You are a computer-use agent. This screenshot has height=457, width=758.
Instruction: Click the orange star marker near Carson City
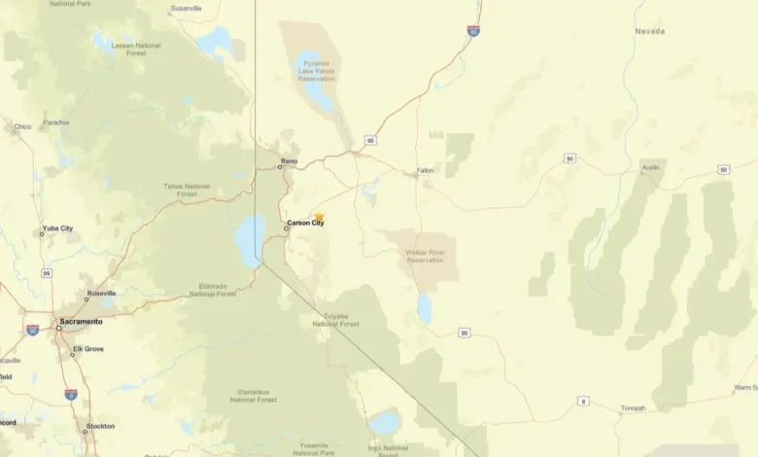[319, 218]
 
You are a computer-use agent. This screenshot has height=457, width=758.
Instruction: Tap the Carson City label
[305, 224]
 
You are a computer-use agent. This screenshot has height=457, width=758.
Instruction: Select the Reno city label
[289, 160]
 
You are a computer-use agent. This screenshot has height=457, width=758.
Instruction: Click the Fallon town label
[426, 170]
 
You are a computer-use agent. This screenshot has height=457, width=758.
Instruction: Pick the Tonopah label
[633, 408]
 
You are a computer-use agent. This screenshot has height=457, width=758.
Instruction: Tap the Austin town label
[650, 167]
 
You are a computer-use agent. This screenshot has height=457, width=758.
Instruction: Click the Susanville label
[186, 8]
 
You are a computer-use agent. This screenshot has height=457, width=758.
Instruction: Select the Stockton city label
[100, 426]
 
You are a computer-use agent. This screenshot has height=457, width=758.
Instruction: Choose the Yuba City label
[57, 228]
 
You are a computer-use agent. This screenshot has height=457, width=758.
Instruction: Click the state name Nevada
[650, 31]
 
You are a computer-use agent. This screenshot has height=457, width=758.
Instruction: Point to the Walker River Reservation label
[425, 256]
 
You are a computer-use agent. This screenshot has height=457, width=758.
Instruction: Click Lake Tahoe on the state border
[251, 238]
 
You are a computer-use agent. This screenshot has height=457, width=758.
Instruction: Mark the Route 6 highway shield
[583, 401]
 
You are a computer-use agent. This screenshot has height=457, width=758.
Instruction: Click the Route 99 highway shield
[46, 273]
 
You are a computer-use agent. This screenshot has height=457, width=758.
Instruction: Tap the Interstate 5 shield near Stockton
[71, 394]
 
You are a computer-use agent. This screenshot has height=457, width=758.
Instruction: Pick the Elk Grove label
[87, 349]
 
